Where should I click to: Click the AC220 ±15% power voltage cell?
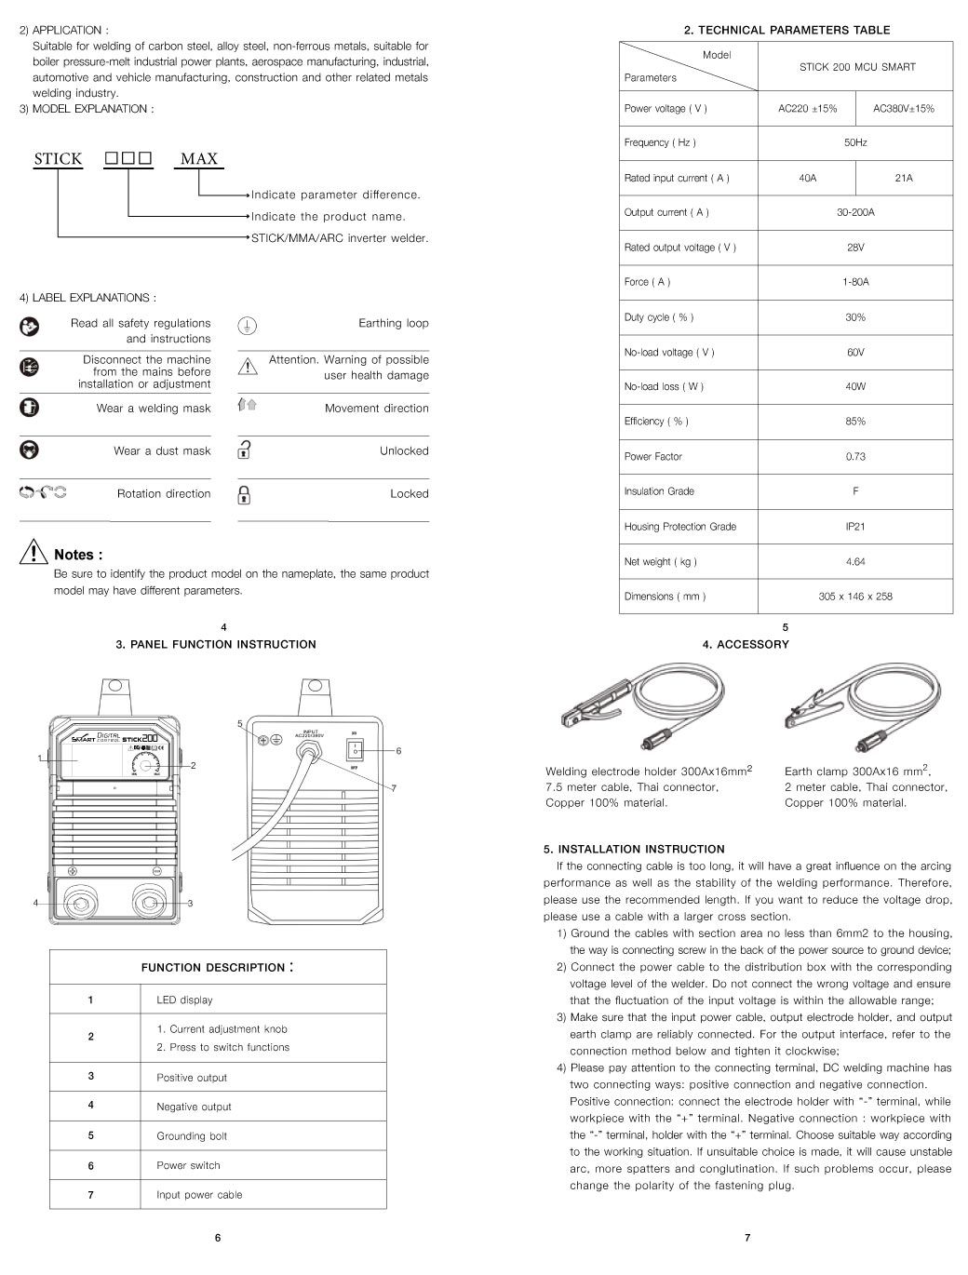point(807,109)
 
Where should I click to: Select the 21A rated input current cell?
point(903,178)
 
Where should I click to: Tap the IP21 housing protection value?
point(855,527)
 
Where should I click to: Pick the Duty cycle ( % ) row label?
point(659,317)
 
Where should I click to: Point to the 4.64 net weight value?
point(855,561)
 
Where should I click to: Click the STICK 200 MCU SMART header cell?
point(856,67)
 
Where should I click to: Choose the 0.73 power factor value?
point(855,457)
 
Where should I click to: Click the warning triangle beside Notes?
point(34,553)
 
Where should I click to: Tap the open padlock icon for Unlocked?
point(244,450)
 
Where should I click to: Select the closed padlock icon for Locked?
point(244,493)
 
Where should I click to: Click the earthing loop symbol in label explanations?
point(247,325)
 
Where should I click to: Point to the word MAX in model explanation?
point(199,159)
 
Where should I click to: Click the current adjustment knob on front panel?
point(143,764)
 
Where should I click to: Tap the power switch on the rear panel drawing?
point(355,750)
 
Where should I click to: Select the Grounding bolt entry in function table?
point(192,1136)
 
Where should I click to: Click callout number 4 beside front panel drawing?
point(35,903)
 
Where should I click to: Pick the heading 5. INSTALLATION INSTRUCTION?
point(634,849)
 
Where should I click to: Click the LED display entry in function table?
point(184,1000)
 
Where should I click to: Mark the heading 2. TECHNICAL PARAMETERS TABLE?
point(786,30)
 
